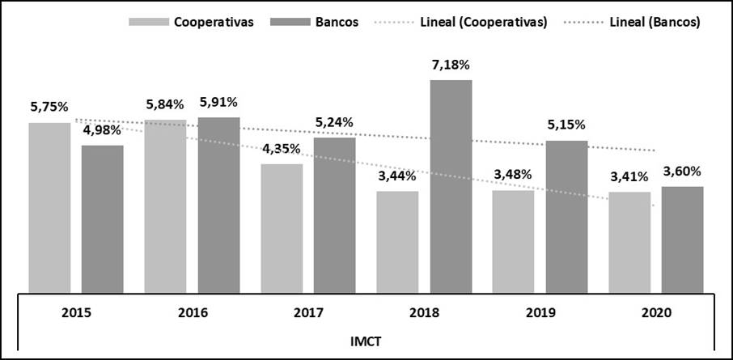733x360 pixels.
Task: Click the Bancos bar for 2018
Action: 451,186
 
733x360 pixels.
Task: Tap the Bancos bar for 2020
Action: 682,239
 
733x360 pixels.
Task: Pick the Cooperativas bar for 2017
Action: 282,228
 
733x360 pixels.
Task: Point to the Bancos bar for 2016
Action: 218,205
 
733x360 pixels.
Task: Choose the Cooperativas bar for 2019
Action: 513,241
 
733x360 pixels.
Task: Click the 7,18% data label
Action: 451,64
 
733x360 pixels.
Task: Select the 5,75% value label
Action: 49,107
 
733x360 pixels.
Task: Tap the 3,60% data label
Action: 682,171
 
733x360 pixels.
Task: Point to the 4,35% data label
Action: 282,148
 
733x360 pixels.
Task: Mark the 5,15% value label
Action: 566,125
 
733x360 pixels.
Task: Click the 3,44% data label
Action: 397,176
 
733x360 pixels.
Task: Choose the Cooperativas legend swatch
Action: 148,22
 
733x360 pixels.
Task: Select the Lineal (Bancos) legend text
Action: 651,22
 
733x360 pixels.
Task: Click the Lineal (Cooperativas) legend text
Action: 484,22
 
